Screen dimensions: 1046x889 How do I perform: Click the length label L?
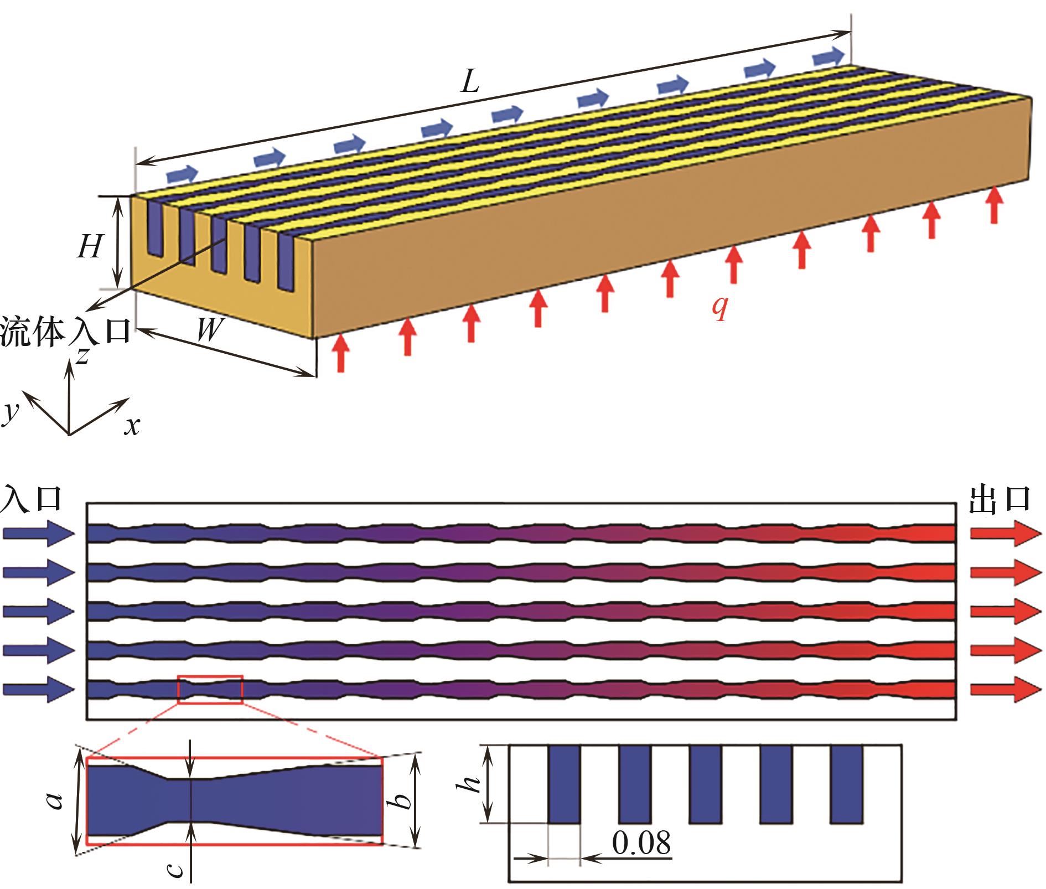[x=470, y=82]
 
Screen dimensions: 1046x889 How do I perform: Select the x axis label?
[x=132, y=426]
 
